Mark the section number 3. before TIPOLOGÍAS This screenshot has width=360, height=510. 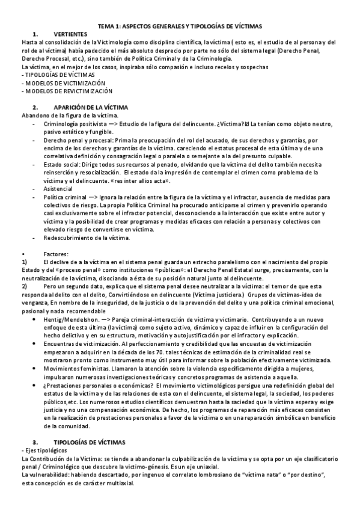coord(35,441)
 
